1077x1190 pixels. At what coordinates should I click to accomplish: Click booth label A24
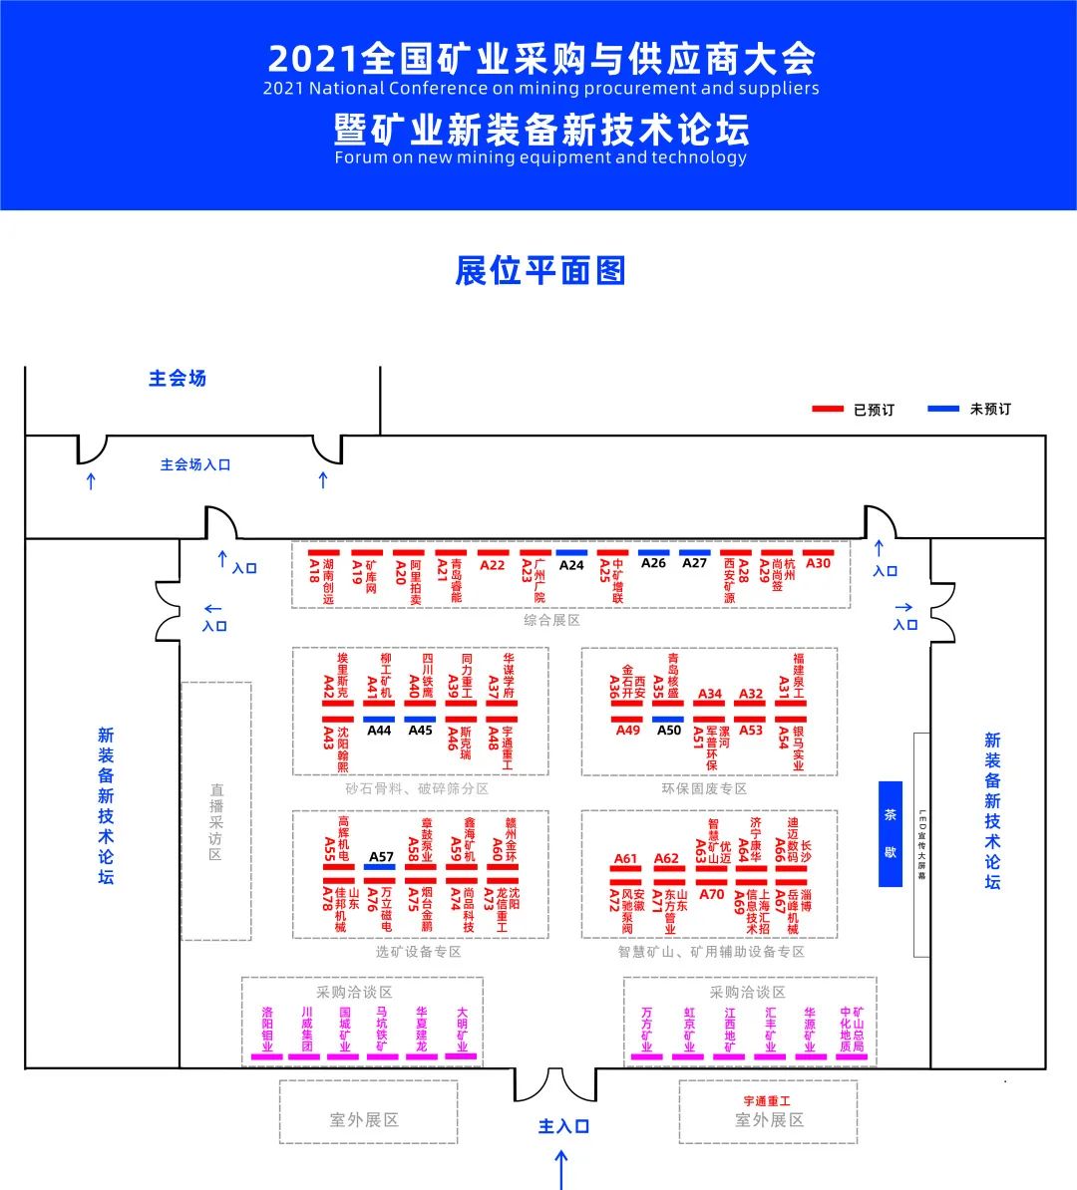[571, 565]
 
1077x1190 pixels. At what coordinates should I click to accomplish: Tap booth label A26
[653, 563]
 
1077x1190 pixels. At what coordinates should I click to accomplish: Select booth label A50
[669, 730]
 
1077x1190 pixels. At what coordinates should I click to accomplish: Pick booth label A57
[381, 856]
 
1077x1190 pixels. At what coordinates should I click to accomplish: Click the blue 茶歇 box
[890, 833]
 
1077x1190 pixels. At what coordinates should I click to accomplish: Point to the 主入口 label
[563, 1126]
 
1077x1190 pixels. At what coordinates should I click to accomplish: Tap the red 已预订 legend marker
[829, 410]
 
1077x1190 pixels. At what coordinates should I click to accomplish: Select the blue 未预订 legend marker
[943, 410]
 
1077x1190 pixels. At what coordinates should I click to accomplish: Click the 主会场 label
[177, 379]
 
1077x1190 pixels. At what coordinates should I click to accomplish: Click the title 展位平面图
[539, 271]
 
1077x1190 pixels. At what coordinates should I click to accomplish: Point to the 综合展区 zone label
[551, 620]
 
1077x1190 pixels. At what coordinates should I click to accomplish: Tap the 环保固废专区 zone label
[704, 788]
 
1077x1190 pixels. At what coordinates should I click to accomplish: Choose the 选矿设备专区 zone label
[418, 952]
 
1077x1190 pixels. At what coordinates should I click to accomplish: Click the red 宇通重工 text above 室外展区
[767, 1101]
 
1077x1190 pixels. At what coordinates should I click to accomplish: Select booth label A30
[818, 563]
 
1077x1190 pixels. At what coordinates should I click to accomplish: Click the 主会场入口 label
[195, 464]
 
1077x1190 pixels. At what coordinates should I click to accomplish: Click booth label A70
[711, 894]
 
